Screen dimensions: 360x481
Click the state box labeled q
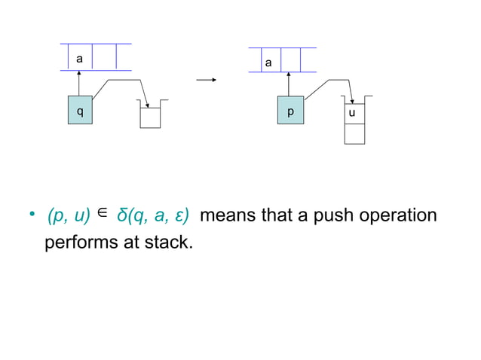[x=79, y=111]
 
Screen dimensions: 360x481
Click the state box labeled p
[x=290, y=111]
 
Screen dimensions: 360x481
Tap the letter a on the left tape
[x=79, y=57]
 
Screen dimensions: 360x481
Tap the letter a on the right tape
[x=268, y=63]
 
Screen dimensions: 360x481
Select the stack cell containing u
[x=354, y=112]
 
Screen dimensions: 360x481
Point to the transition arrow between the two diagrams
[x=207, y=79]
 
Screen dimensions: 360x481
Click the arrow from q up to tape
[x=79, y=83]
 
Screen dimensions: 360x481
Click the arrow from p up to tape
[x=289, y=84]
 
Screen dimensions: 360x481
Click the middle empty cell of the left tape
[x=106, y=57]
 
